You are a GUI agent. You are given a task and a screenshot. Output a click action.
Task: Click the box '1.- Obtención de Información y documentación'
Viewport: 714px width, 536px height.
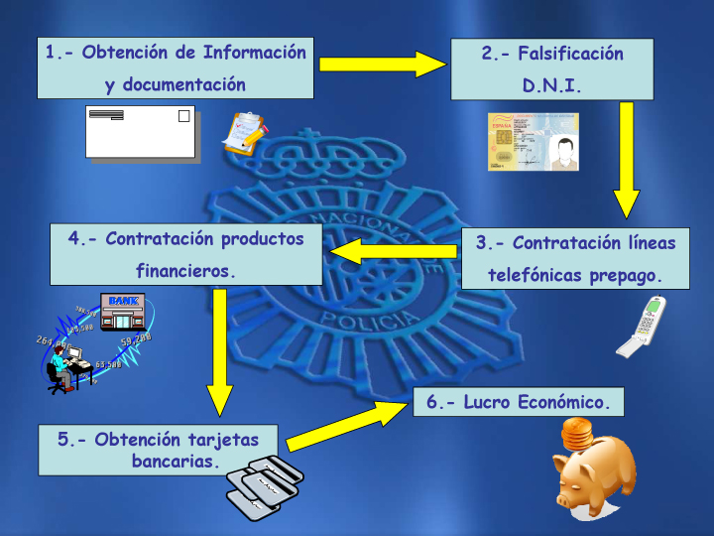point(176,68)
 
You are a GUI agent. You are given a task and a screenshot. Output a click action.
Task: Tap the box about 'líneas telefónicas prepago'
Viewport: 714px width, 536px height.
point(575,258)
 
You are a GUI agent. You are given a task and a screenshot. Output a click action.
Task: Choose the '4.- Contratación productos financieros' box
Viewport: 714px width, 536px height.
point(186,254)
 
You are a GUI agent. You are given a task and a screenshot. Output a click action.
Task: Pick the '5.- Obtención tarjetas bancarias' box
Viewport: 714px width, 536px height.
point(159,450)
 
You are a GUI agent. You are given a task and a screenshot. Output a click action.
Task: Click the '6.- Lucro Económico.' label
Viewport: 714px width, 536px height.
point(518,402)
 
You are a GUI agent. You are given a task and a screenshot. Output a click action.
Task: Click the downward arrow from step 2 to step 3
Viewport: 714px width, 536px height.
point(625,159)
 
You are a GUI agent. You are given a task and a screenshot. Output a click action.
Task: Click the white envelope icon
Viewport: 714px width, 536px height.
point(140,131)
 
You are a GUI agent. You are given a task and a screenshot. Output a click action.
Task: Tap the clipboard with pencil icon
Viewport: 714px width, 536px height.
point(244,133)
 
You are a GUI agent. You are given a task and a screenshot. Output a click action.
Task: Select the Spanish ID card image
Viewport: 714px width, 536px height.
point(533,142)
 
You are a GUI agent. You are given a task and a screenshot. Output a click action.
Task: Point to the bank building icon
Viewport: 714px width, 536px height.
point(123,312)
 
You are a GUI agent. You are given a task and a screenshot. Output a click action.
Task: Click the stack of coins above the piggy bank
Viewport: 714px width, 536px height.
point(577,434)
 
